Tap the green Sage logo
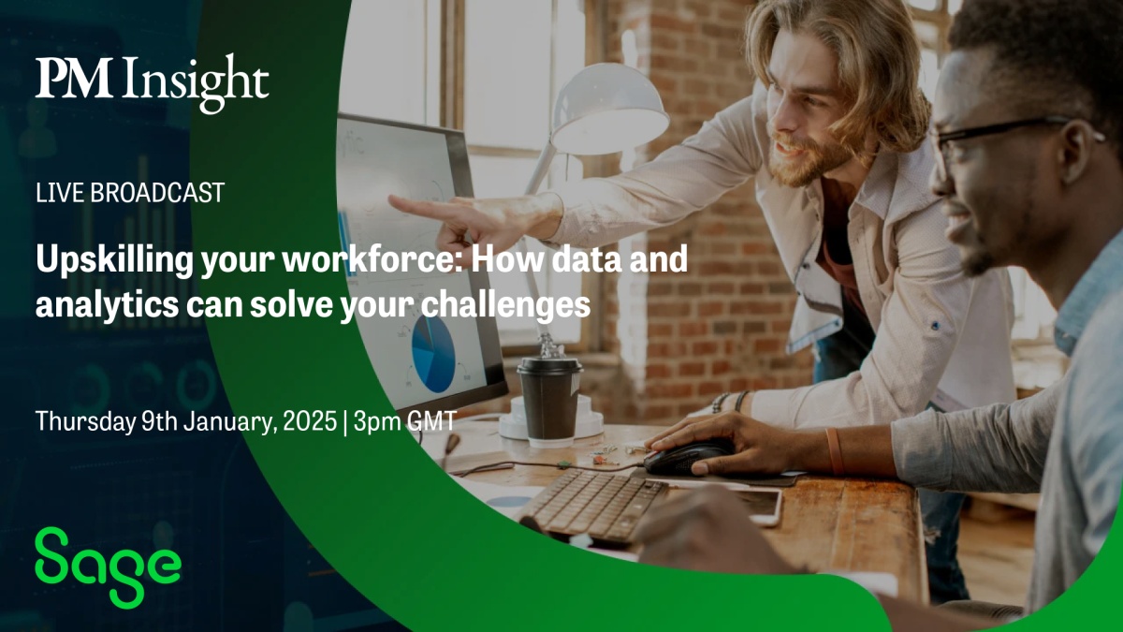pyautogui.click(x=108, y=567)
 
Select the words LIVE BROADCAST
pyautogui.click(x=130, y=193)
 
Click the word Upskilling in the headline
pyautogui.click(x=114, y=260)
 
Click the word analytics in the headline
pyautogui.click(x=107, y=305)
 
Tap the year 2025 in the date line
pyautogui.click(x=310, y=420)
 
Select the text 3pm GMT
pyautogui.click(x=404, y=420)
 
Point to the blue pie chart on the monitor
pyautogui.click(x=433, y=353)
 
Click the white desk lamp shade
pyautogui.click(x=608, y=110)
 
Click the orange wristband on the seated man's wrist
pyautogui.click(x=834, y=451)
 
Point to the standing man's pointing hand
pyautogui.click(x=466, y=218)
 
